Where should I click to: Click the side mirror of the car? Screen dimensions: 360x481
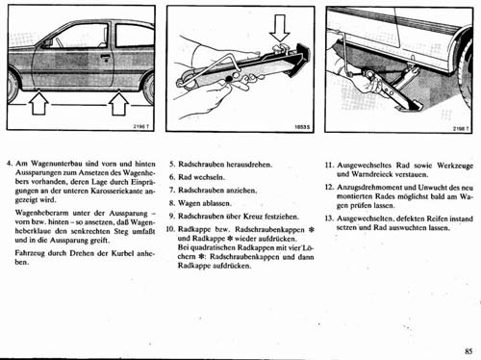(x=47, y=43)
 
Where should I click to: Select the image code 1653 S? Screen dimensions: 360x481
(x=301, y=126)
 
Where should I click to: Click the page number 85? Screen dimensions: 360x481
(x=467, y=350)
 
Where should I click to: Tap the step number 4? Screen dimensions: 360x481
(x=10, y=165)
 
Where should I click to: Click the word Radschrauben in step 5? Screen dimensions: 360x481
(x=202, y=165)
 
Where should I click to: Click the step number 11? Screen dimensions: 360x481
(x=329, y=165)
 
